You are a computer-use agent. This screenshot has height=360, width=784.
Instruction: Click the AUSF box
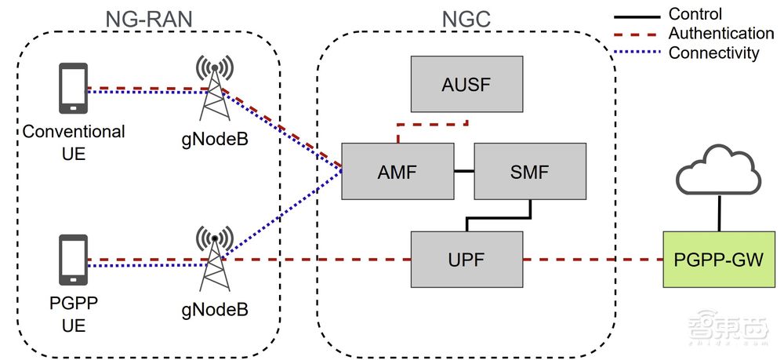click(x=468, y=82)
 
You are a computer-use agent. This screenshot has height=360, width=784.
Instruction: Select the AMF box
click(x=397, y=170)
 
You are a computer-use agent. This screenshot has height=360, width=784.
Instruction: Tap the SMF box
click(x=530, y=170)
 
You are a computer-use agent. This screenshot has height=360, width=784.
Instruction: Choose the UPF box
click(x=467, y=258)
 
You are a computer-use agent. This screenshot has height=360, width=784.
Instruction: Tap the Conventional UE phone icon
click(x=73, y=89)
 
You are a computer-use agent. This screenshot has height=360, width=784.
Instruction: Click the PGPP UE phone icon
click(x=73, y=260)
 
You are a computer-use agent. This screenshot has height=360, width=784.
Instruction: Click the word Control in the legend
click(x=695, y=14)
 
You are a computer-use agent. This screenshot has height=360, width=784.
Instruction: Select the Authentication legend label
click(x=720, y=34)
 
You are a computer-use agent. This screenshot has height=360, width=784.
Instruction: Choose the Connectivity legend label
click(x=713, y=53)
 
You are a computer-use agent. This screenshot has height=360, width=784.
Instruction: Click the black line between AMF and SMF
click(x=463, y=170)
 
